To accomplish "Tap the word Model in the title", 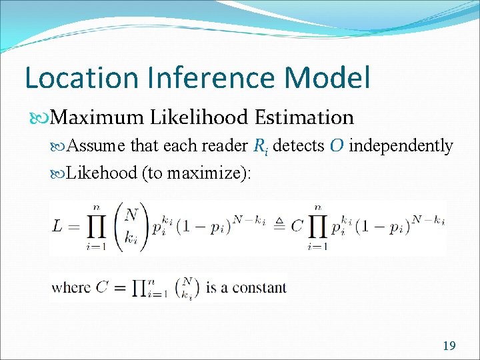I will pyautogui.click(x=327, y=77).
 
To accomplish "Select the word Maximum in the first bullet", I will pyautogui.click(x=97, y=117).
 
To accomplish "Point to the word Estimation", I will pyautogui.click(x=304, y=117).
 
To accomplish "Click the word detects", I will pyautogui.click(x=297, y=145).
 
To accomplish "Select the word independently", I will pyautogui.click(x=401, y=145).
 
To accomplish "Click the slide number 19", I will pyautogui.click(x=449, y=345).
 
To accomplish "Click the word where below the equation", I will pyautogui.click(x=70, y=287).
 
